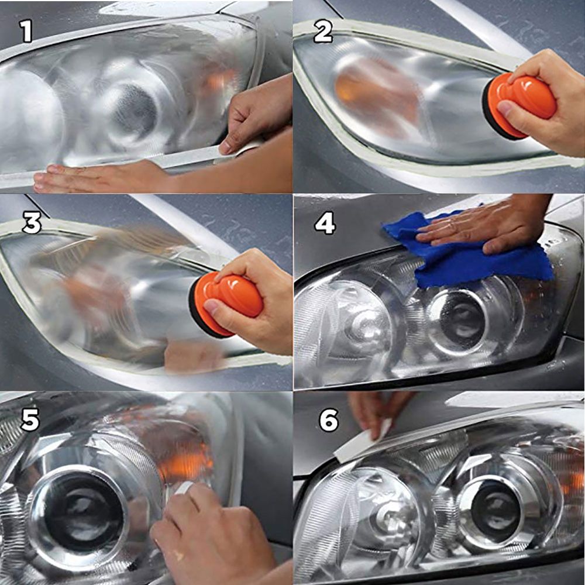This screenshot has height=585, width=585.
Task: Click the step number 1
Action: [26, 32]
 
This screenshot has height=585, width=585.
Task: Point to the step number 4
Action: [325, 223]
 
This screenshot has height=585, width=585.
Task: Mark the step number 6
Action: [329, 420]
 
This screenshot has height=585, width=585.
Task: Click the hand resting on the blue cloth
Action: [486, 222]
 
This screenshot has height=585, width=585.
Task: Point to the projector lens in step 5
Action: [76, 512]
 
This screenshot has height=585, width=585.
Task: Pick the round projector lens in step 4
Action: [462, 319]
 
